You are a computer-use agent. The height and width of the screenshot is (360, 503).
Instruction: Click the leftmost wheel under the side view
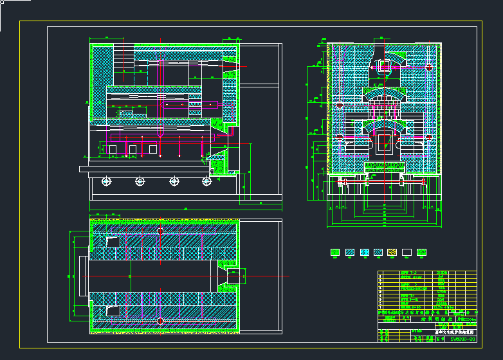coord(105,181)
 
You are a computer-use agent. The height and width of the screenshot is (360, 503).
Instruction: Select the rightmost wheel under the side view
coord(206,181)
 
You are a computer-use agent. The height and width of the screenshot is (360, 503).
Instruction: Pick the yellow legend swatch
coord(392,253)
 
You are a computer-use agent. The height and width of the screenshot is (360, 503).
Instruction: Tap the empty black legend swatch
coord(407,253)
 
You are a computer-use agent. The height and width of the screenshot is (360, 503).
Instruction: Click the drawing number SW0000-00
coord(462,338)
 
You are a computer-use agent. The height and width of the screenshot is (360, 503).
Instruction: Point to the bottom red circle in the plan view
coord(160,320)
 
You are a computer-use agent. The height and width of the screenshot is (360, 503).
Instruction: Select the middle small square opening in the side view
coord(133,149)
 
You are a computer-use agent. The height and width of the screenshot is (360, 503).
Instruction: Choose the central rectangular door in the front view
coord(384,142)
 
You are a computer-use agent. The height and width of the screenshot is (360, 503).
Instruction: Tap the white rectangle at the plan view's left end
coord(83,276)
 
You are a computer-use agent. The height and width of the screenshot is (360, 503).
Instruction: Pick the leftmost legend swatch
coord(334,253)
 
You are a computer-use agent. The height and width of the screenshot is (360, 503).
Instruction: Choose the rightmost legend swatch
coord(422,253)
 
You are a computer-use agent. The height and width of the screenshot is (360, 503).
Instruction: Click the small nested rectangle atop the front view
coord(384,66)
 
